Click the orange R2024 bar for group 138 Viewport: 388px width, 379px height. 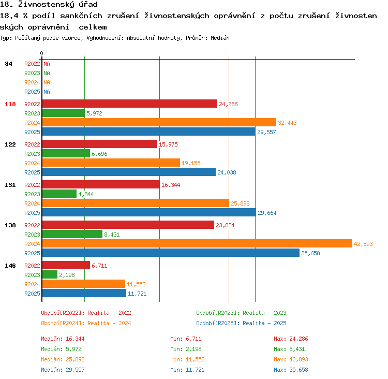tap(197, 243)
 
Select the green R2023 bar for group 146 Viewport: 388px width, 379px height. tap(50, 274)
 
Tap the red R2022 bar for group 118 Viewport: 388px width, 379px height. tap(130, 104)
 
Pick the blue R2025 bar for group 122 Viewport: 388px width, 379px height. tap(129, 172)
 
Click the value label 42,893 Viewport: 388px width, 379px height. tap(363, 244)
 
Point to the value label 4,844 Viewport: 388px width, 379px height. tap(86, 194)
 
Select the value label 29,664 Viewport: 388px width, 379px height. tap(267, 213)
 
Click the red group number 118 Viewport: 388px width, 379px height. tap(10, 104)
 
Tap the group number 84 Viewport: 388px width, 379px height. tap(8, 64)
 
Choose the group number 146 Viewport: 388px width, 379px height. tap(10, 266)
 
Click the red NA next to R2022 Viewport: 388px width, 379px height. tap(47, 64)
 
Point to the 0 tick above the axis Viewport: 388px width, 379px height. tap(41, 53)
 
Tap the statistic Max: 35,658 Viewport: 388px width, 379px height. tap(291, 370)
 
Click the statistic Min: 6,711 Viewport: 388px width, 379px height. tap(186, 339)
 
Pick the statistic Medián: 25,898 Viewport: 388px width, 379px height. tap(63, 359)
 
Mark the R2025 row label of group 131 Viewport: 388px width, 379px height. tap(32, 213)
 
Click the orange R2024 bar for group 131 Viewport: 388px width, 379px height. tap(136, 203)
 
